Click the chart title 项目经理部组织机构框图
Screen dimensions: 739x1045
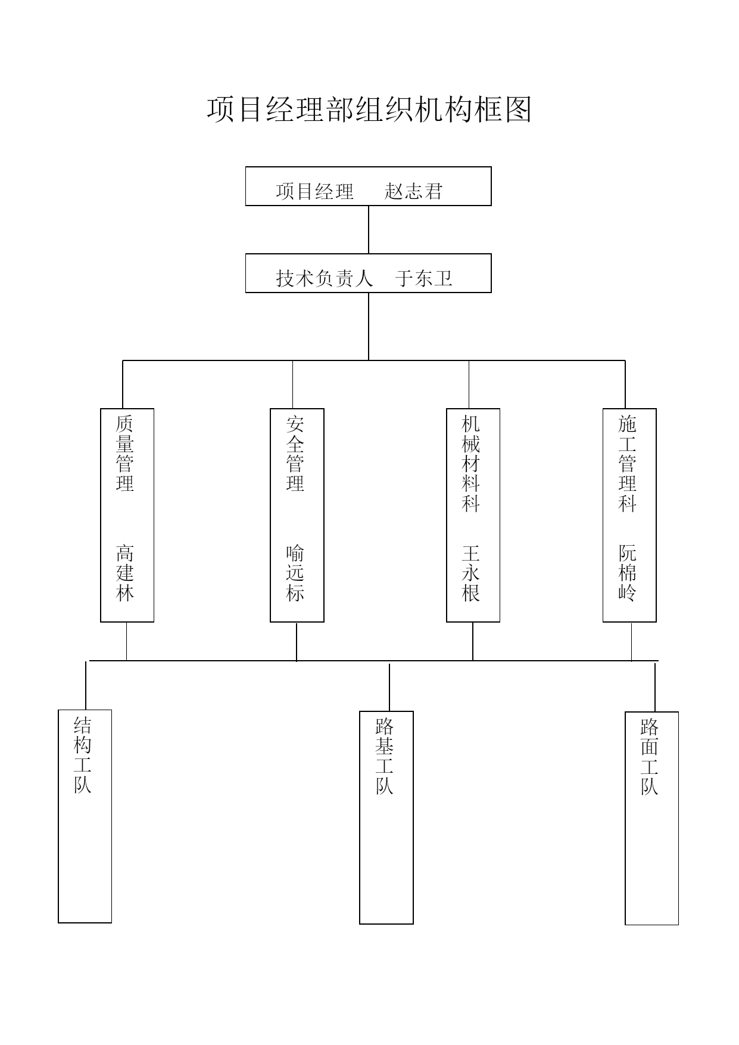369,110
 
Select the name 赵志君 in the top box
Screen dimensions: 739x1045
414,191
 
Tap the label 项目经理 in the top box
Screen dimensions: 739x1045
315,191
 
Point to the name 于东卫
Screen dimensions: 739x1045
424,278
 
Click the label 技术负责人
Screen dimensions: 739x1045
325,278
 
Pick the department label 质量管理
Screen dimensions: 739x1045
125,454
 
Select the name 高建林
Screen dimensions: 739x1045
125,573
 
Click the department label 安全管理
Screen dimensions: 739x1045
295,454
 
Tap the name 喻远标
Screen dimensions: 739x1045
295,573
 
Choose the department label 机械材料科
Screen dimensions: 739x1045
471,464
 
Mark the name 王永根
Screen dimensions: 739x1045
471,573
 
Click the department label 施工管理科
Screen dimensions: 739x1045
628,464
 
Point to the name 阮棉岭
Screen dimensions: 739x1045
628,573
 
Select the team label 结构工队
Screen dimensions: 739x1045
83,755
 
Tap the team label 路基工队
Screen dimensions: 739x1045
385,756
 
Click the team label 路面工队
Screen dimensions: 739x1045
650,757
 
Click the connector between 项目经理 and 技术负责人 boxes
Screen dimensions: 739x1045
369,230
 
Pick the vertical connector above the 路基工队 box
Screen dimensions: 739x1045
389,688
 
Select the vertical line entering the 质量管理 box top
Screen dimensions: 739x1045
123,384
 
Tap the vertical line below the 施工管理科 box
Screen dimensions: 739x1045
632,642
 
